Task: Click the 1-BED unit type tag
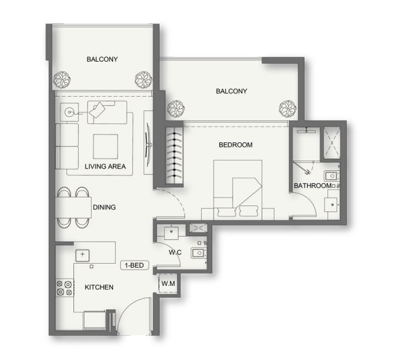point(134,265)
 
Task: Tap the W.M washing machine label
point(168,283)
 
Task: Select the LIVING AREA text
point(105,166)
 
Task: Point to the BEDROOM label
point(236,145)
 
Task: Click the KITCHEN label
point(99,287)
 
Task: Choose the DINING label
point(105,207)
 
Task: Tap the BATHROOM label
point(312,186)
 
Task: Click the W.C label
point(175,252)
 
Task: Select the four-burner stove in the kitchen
point(64,288)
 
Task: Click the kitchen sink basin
point(82,255)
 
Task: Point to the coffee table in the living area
point(106,147)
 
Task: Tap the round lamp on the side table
point(69,112)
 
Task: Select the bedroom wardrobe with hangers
point(174,155)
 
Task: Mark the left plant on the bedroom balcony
point(176,109)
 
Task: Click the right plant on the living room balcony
point(143,80)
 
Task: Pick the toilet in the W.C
point(199,253)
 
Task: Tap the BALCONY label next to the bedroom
point(231,91)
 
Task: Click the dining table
point(73,207)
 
